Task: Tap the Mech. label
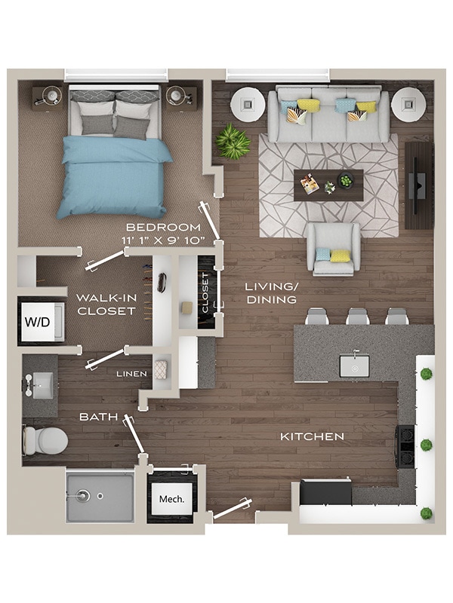171,498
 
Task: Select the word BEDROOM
163,227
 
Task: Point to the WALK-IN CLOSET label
106,304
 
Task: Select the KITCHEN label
312,436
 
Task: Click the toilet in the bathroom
44,440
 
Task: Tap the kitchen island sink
354,366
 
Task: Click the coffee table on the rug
328,185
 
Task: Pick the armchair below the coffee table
333,249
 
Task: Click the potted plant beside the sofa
233,142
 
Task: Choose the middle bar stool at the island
358,317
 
